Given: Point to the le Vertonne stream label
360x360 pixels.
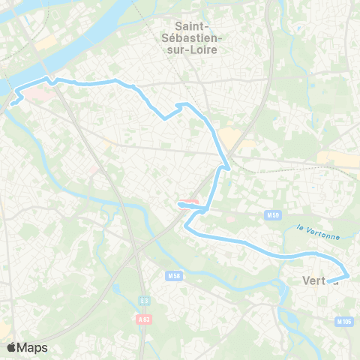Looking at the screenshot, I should [318, 232].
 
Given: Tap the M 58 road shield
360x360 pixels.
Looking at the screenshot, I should [174, 276].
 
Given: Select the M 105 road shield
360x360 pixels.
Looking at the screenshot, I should [344, 322].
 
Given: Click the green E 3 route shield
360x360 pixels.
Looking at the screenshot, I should [144, 301].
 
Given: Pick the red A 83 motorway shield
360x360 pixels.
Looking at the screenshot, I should [144, 319].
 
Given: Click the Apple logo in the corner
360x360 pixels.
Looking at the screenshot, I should [11, 347].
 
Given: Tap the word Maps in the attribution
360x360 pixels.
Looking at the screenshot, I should [33, 348].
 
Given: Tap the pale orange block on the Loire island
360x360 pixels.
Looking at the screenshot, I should [45, 43].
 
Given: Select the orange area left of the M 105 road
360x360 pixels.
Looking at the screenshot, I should [333, 158].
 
